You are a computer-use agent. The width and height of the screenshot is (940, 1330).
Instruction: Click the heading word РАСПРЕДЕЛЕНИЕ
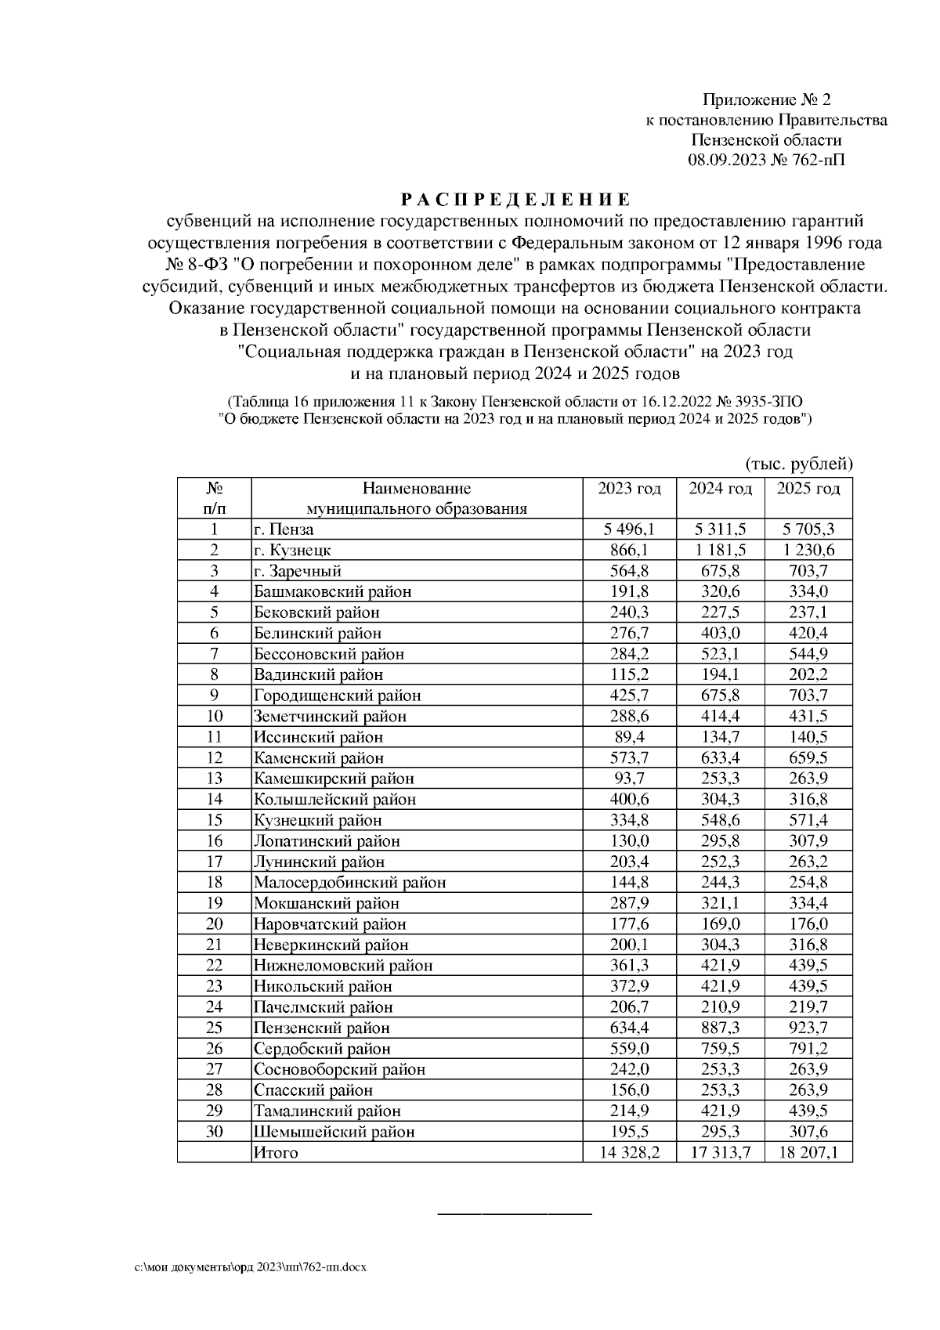click(515, 200)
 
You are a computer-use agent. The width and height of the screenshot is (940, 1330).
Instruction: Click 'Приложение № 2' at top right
click(765, 99)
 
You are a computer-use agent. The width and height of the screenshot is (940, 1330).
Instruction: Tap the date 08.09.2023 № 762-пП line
click(765, 161)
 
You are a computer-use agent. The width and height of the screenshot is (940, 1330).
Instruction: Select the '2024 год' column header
click(720, 489)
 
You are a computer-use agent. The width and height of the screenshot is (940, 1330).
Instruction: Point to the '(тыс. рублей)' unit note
click(798, 464)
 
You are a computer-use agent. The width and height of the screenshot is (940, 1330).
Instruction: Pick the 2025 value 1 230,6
click(808, 551)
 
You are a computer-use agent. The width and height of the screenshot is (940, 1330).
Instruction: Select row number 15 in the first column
click(214, 820)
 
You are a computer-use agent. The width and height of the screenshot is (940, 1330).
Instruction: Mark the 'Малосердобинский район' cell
click(349, 883)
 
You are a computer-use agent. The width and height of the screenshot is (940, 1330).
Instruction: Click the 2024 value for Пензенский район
click(720, 1028)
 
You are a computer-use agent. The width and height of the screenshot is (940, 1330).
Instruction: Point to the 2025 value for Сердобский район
click(808, 1049)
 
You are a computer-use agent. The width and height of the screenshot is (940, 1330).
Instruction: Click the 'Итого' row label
click(275, 1152)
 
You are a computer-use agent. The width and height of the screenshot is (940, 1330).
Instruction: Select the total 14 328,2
click(630, 1152)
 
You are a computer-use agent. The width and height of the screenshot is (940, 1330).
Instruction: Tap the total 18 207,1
click(808, 1152)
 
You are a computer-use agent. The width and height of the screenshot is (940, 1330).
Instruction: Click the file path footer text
click(251, 1267)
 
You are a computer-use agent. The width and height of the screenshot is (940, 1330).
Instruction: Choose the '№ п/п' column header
click(214, 498)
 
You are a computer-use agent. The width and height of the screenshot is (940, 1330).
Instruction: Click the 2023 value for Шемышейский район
click(630, 1132)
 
